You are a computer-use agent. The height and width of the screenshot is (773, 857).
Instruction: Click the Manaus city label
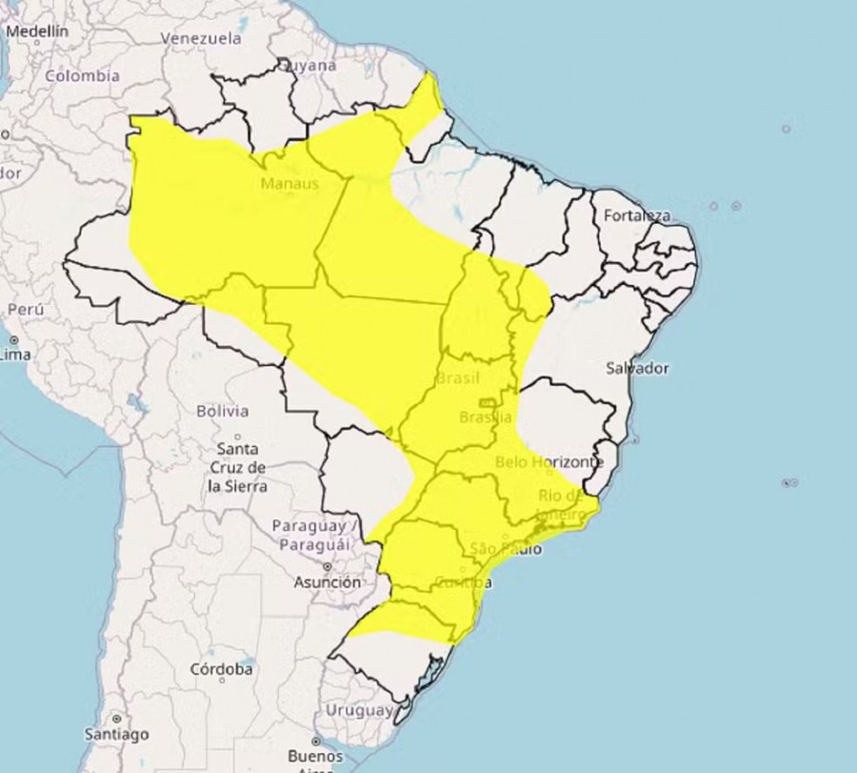point(289,183)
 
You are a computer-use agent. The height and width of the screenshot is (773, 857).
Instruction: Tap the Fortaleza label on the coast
point(637,215)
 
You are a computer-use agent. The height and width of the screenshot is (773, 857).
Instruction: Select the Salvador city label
point(638,368)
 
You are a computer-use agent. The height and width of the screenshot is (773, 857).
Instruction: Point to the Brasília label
point(486,417)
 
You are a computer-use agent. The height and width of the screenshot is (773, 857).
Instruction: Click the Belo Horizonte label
point(549,462)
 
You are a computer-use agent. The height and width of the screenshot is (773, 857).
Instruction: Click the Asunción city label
point(328,581)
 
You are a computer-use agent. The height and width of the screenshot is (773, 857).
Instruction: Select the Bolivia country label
point(222,412)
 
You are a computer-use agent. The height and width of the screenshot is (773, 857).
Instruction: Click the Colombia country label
point(82,75)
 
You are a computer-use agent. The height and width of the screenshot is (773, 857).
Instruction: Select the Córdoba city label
point(221,669)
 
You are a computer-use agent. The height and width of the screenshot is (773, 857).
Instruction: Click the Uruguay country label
point(358,710)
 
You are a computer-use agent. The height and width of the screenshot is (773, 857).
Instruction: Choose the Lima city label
point(15,355)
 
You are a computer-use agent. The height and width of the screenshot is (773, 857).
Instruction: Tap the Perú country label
point(26,310)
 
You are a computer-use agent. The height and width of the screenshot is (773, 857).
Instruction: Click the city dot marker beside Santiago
point(116,718)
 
